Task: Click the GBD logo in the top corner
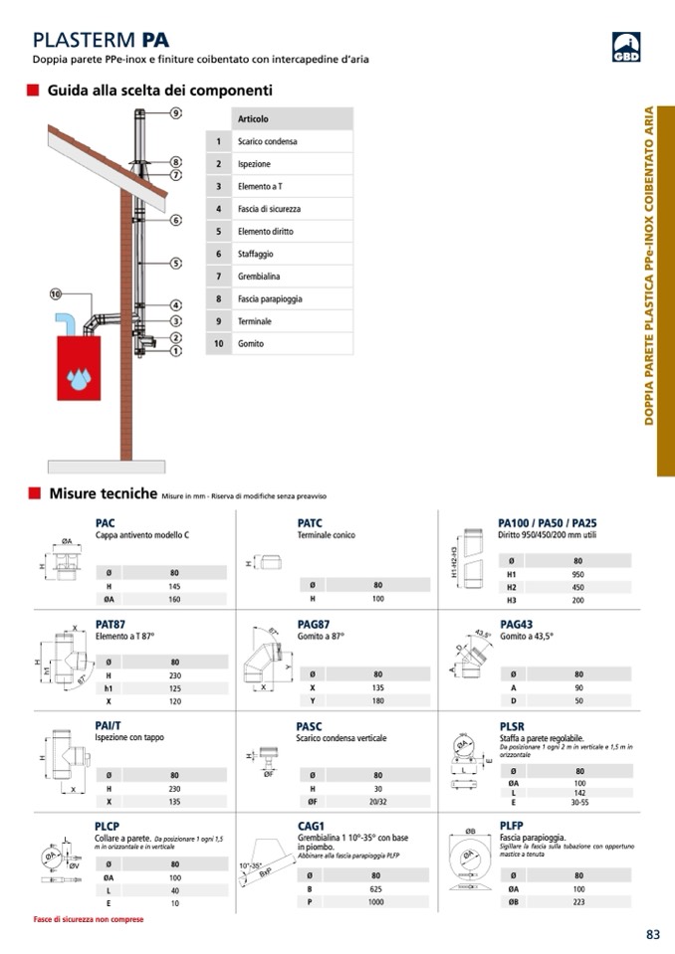click(x=626, y=47)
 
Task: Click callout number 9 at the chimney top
click(x=175, y=113)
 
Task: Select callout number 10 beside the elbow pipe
click(x=56, y=293)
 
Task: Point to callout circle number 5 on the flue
click(x=175, y=263)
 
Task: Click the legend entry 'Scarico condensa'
click(x=268, y=141)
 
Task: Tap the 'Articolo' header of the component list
click(x=253, y=119)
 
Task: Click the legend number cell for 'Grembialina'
click(x=218, y=277)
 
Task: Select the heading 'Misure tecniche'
click(x=104, y=493)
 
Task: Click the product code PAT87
click(x=111, y=624)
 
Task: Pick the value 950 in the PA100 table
click(x=577, y=574)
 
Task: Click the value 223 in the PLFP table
click(x=578, y=902)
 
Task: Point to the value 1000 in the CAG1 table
click(x=376, y=902)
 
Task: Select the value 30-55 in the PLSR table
click(x=578, y=801)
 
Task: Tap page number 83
click(x=653, y=934)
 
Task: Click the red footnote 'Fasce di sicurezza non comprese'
click(x=89, y=919)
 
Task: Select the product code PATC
click(x=310, y=522)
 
